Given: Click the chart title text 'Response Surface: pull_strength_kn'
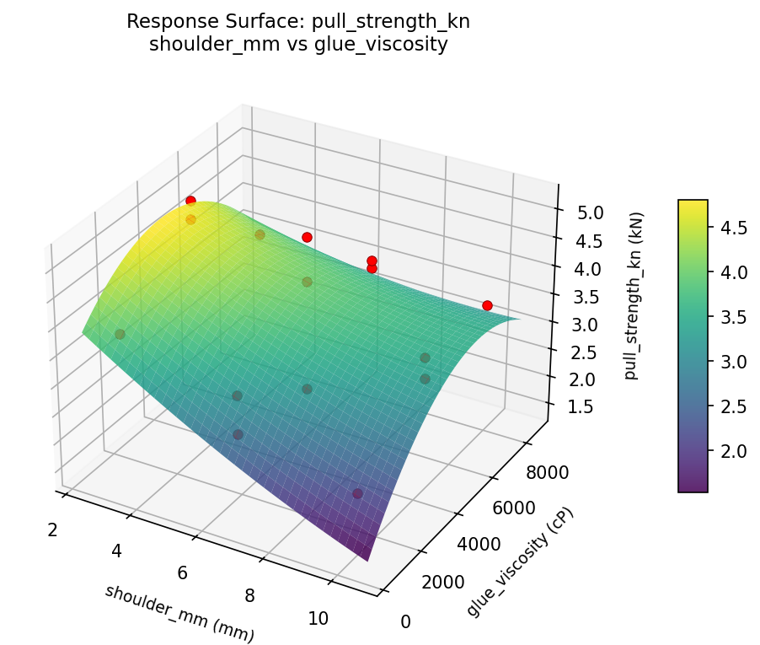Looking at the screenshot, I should click(297, 22).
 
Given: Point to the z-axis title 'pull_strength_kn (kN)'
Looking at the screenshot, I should click(632, 295).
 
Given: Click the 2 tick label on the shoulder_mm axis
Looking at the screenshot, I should click(52, 529).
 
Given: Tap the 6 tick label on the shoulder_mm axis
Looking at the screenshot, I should click(182, 573).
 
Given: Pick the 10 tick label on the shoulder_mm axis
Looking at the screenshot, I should click(318, 618).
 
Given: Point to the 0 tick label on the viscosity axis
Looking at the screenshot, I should click(406, 622).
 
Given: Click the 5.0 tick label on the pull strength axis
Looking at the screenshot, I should click(590, 212).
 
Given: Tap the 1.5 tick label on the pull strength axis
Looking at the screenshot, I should click(580, 407).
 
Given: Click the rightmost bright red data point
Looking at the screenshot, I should click(487, 305).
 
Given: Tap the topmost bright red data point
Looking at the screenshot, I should click(191, 201).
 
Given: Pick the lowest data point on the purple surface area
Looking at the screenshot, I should click(357, 493).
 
